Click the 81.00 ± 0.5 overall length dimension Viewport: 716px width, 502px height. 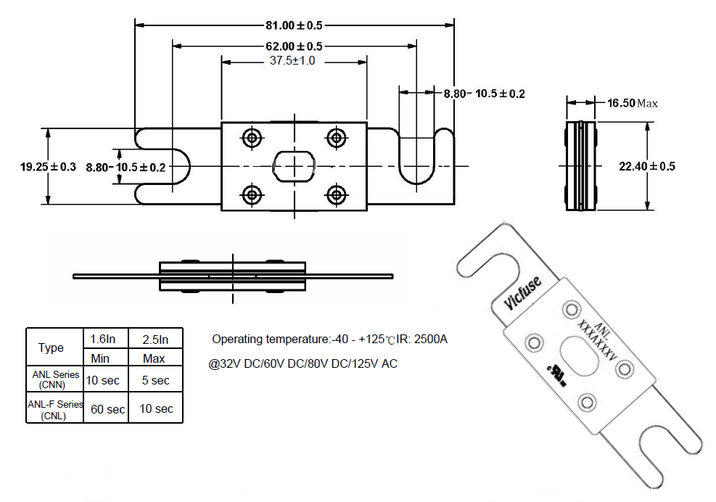294,25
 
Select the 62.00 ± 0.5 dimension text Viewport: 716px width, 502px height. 294,46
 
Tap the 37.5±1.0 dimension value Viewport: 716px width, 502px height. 292,60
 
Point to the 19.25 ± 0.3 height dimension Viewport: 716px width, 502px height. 48,167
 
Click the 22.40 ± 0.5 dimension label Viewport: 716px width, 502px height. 647,166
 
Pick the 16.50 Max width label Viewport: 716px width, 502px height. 633,103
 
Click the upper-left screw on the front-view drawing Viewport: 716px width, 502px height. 252,138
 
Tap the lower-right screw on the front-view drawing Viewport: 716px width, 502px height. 337,195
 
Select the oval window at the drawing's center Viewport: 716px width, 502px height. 294,165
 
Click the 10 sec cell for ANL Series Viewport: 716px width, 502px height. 103,380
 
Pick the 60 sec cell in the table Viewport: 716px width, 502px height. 108,409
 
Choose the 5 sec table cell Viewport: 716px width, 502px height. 156,380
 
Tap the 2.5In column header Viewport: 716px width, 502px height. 156,340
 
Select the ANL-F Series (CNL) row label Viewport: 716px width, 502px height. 55,410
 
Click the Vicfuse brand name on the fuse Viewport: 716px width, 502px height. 523,293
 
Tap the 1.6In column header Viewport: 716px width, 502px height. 103,339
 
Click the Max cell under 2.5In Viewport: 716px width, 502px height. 154,358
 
